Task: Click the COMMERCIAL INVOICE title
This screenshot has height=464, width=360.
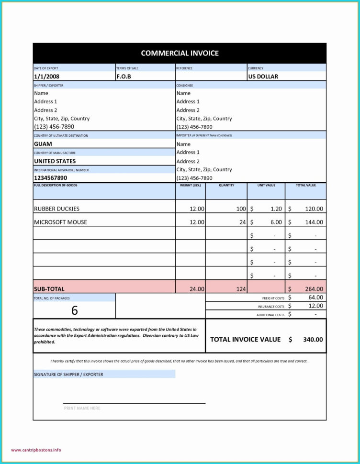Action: click(180, 53)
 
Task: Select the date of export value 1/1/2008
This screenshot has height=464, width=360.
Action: click(47, 77)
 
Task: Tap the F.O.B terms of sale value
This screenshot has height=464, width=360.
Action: click(124, 77)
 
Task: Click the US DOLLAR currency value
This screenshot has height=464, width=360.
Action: click(263, 77)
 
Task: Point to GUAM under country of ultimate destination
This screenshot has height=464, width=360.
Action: click(43, 144)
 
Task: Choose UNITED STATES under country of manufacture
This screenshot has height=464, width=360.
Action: click(55, 161)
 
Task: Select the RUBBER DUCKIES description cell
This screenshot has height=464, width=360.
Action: click(56, 209)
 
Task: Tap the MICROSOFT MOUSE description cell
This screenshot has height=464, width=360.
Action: click(60, 222)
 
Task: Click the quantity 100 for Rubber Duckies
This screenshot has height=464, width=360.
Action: click(241, 209)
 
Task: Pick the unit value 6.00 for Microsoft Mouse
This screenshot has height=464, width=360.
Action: click(276, 222)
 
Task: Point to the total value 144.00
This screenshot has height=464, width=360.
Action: click(314, 222)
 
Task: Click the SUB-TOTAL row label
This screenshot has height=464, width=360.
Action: click(49, 289)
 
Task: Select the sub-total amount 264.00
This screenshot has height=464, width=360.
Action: click(314, 289)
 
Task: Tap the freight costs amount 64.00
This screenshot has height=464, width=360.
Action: click(315, 298)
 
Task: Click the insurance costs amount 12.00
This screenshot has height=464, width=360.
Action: click(315, 306)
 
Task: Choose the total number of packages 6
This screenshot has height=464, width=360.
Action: click(74, 310)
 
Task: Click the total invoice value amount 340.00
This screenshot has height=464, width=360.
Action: click(313, 339)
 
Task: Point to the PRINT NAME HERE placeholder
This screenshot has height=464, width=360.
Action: click(82, 408)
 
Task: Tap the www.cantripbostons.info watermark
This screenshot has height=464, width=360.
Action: click(36, 450)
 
